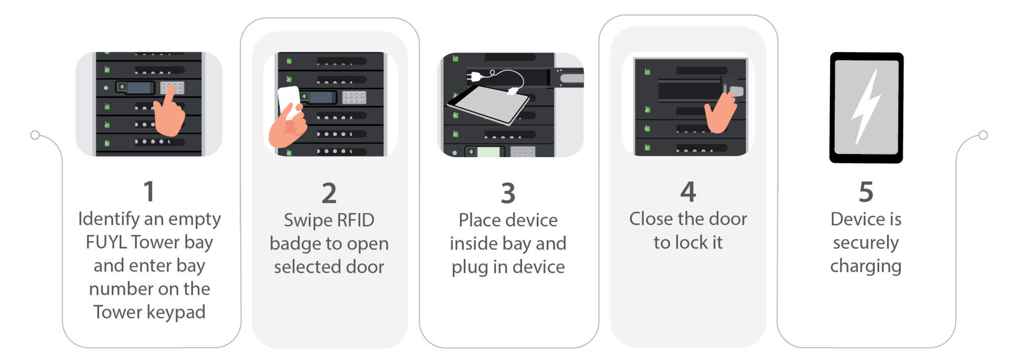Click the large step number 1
pos(149,191)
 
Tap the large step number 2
pos(329,193)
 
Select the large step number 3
pos(508,193)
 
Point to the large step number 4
pos(688,191)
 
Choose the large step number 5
pos(866,191)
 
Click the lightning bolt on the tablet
pos(866,107)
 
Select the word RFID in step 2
pos(354,220)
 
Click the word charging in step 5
pos(866,266)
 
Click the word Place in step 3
pos(478,220)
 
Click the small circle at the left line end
pos(35,135)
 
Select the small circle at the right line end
pos(983,135)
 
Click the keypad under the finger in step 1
pos(172,88)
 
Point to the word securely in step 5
pos(866,243)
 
